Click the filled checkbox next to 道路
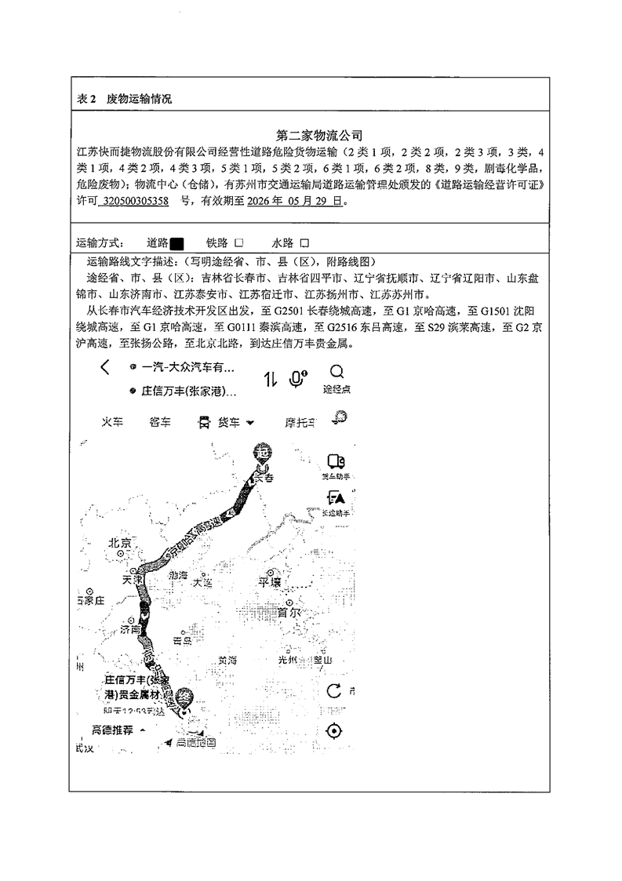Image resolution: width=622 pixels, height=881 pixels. click(x=176, y=243)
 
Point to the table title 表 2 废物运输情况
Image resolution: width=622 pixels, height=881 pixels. click(x=125, y=100)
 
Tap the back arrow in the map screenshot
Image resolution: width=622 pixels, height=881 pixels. click(x=105, y=368)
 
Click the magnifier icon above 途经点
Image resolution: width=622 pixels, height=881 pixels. click(x=336, y=371)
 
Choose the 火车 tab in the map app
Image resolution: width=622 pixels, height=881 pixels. click(x=113, y=422)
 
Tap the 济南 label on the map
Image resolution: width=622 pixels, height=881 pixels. click(x=129, y=629)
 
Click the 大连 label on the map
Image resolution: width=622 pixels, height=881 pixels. click(x=202, y=583)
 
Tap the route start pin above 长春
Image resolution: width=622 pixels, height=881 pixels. click(x=262, y=452)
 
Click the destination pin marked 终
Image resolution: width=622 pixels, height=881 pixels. click(x=184, y=696)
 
